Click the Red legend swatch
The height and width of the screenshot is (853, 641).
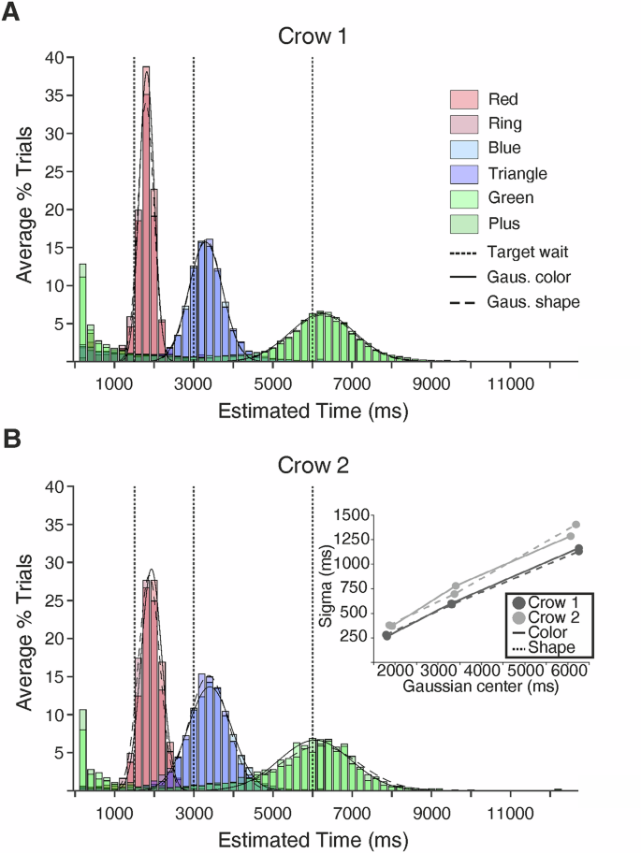pos(465,99)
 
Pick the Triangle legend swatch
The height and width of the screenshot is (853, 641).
pos(465,173)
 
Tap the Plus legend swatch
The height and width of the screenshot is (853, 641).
pos(465,223)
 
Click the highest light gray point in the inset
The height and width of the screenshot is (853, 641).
pos(576,525)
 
